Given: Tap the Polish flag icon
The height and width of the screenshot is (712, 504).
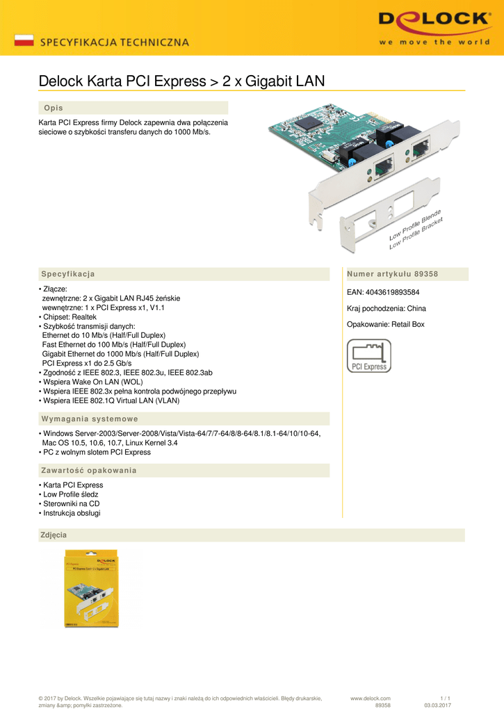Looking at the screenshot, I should [24, 40].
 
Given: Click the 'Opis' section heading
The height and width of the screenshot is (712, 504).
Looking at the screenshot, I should [54, 108].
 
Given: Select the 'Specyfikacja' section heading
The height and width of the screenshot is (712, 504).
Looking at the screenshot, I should [67, 274].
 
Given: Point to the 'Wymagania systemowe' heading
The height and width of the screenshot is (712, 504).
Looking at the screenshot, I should [90, 419].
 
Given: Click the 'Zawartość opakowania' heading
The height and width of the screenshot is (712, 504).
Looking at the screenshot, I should [89, 470].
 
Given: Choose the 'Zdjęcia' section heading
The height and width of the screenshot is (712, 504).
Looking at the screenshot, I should [55, 535].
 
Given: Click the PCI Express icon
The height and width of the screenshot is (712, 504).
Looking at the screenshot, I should [369, 356].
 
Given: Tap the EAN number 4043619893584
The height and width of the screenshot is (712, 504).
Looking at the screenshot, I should [392, 292].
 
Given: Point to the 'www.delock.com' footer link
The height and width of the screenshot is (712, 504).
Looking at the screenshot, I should [370, 698].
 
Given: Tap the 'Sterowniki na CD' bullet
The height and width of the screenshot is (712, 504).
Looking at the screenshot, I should [70, 503].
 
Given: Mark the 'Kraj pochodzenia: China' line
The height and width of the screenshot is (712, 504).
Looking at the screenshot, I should [386, 308].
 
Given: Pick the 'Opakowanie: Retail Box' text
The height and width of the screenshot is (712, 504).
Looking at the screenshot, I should [385, 324].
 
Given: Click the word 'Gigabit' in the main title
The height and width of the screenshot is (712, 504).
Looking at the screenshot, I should [267, 81].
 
